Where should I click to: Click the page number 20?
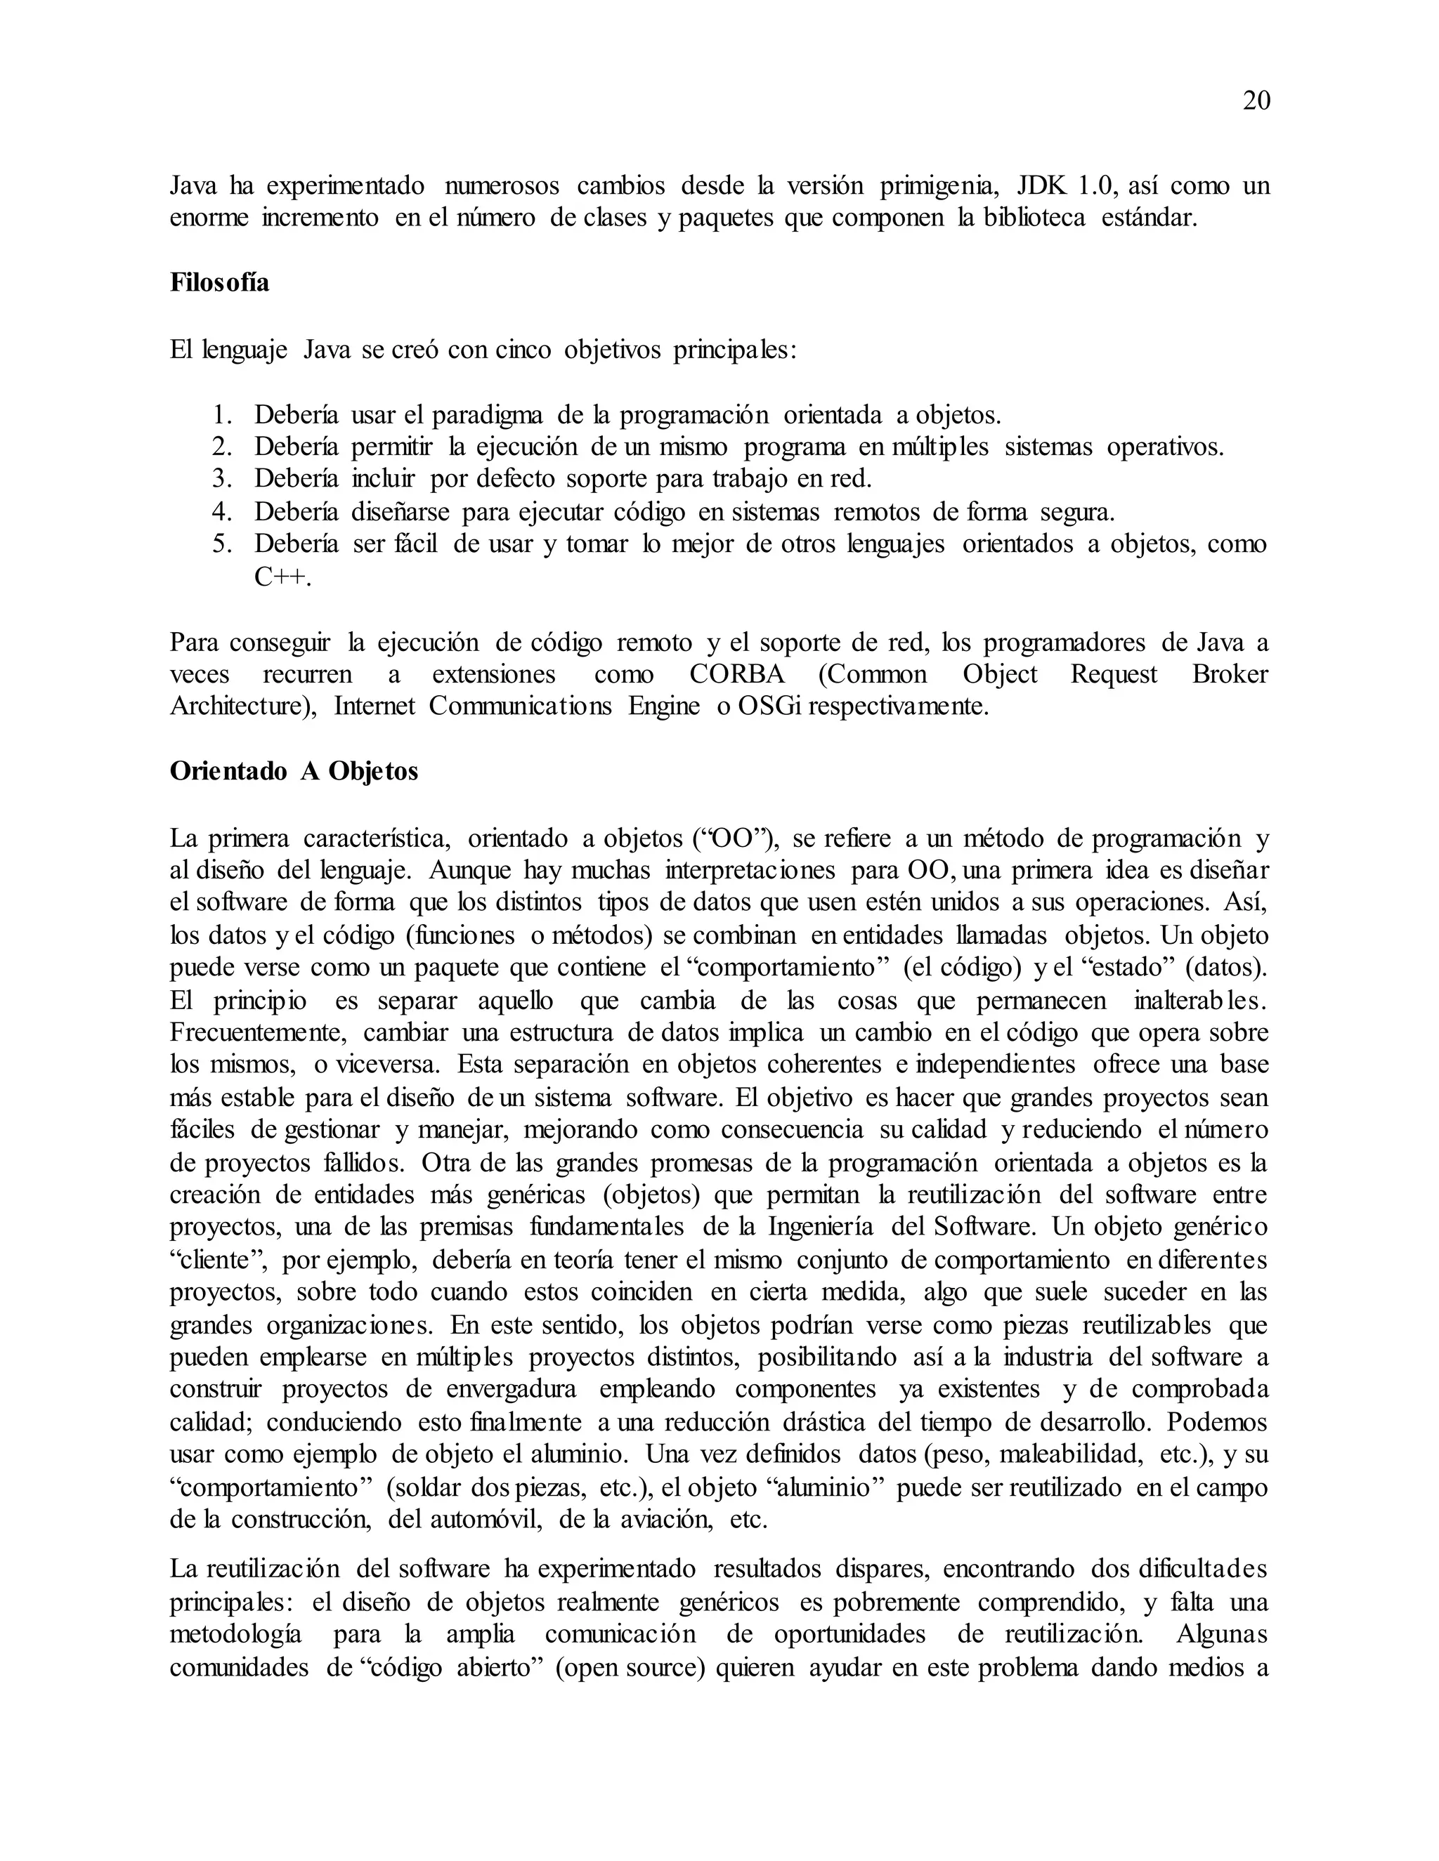tap(1256, 101)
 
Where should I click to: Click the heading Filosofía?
tap(219, 283)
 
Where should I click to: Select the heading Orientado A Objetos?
tap(294, 771)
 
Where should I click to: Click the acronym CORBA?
tap(736, 675)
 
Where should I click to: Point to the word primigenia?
tap(935, 186)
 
